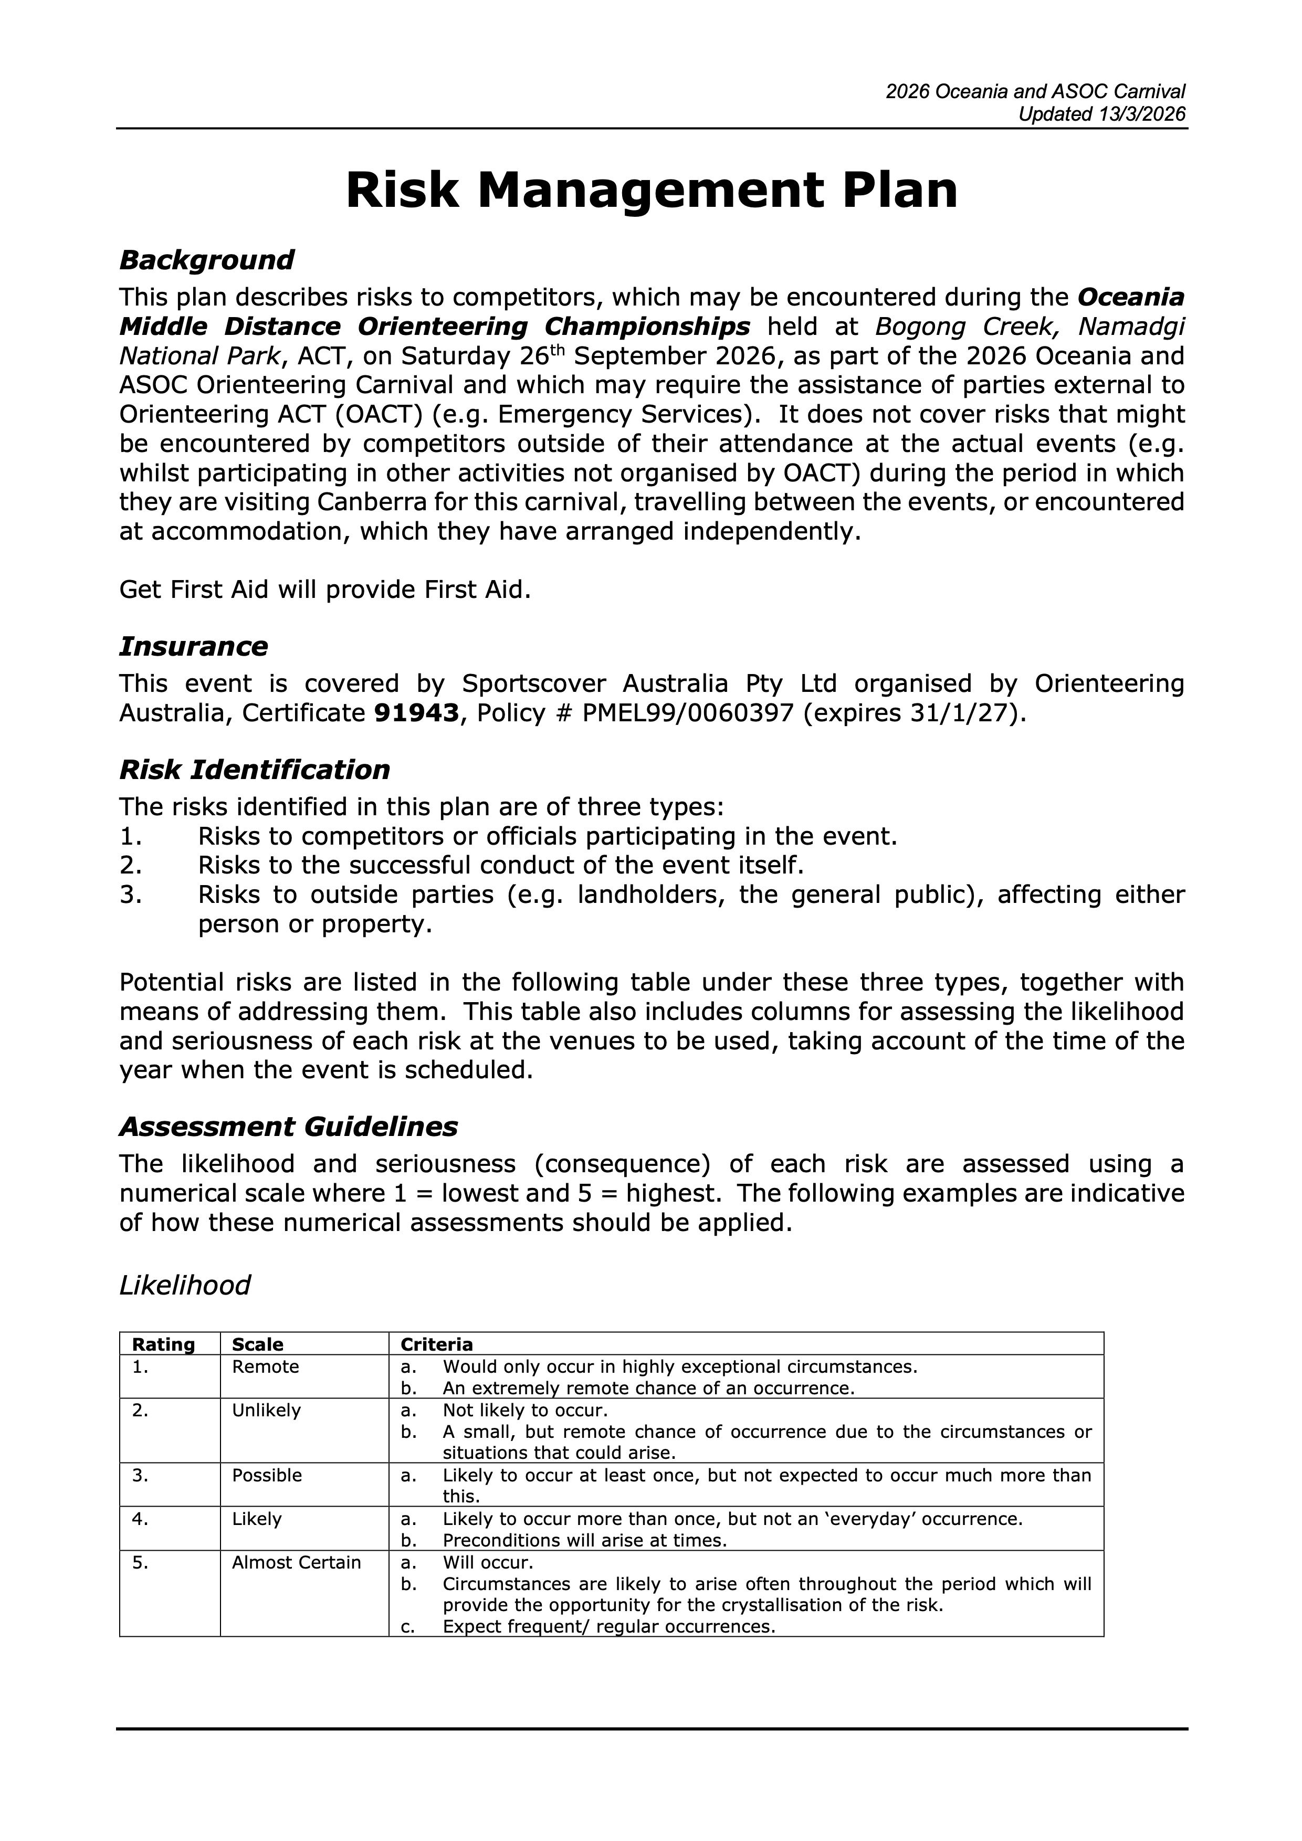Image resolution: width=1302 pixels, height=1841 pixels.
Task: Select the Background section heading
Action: [x=206, y=260]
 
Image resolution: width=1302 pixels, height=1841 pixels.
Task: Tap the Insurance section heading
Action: [x=193, y=646]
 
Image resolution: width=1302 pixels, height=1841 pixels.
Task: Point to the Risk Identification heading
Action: [x=254, y=770]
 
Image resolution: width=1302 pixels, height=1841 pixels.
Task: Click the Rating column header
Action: [x=164, y=1345]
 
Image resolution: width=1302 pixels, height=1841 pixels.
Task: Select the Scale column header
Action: [x=257, y=1345]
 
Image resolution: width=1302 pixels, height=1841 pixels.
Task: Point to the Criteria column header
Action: [x=437, y=1345]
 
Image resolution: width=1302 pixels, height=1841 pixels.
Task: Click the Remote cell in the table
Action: [x=265, y=1367]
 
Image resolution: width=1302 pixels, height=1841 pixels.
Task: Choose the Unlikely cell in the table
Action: [x=266, y=1411]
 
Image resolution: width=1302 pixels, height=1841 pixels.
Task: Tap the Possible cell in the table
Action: [x=267, y=1475]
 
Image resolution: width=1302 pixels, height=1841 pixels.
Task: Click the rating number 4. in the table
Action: [x=140, y=1519]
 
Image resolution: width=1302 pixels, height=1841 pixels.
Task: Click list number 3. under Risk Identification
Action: [x=131, y=895]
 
